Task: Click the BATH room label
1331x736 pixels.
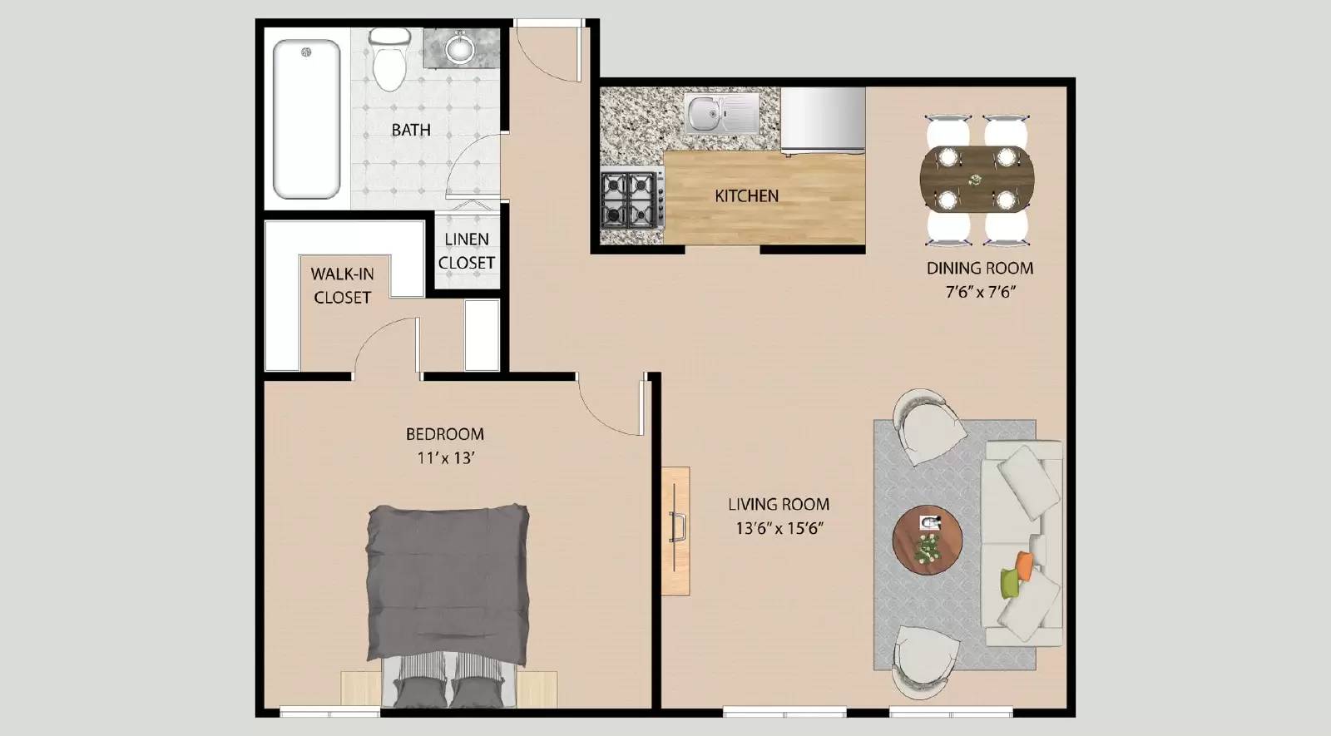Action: pyautogui.click(x=411, y=130)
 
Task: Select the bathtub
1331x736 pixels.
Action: pyautogui.click(x=306, y=119)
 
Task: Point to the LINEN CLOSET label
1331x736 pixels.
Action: pyautogui.click(x=467, y=250)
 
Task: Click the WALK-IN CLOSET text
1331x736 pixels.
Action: pyautogui.click(x=343, y=285)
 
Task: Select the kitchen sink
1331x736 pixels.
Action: pyautogui.click(x=721, y=113)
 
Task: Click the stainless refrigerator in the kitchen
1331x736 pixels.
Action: pyautogui.click(x=823, y=121)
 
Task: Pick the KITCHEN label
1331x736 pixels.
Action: pyautogui.click(x=746, y=195)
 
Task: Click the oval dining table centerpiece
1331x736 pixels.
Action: pyautogui.click(x=974, y=179)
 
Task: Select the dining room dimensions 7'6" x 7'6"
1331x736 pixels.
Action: pyautogui.click(x=979, y=292)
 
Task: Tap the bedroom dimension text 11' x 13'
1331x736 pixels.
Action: pyautogui.click(x=445, y=457)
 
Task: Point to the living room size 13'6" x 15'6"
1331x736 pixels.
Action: pyautogui.click(x=779, y=527)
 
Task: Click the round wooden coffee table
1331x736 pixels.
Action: pyautogui.click(x=927, y=539)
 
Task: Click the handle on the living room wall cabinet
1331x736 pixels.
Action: pyautogui.click(x=676, y=528)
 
